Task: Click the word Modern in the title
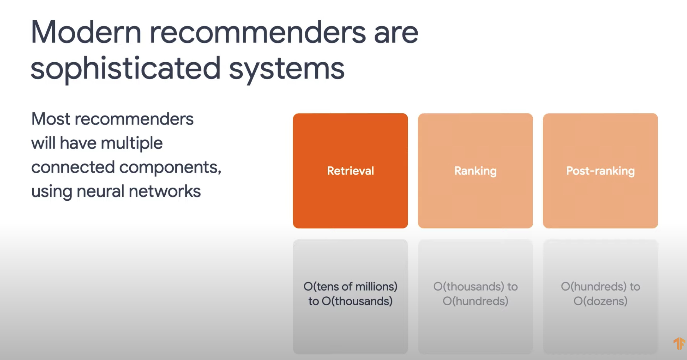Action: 86,33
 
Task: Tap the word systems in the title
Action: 287,69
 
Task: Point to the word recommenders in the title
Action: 257,33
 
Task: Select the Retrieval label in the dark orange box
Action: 350,171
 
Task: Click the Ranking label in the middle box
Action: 475,171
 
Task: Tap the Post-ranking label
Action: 600,171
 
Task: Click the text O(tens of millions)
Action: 350,286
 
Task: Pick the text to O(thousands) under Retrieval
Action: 350,301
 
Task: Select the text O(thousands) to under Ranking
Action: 475,286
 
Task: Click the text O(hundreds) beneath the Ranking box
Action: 475,301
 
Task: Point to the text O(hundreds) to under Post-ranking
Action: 600,286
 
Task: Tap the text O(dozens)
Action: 600,301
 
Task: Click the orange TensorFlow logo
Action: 679,343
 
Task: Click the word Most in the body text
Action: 51,119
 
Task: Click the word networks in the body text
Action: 164,191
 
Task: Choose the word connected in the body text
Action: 73,167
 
